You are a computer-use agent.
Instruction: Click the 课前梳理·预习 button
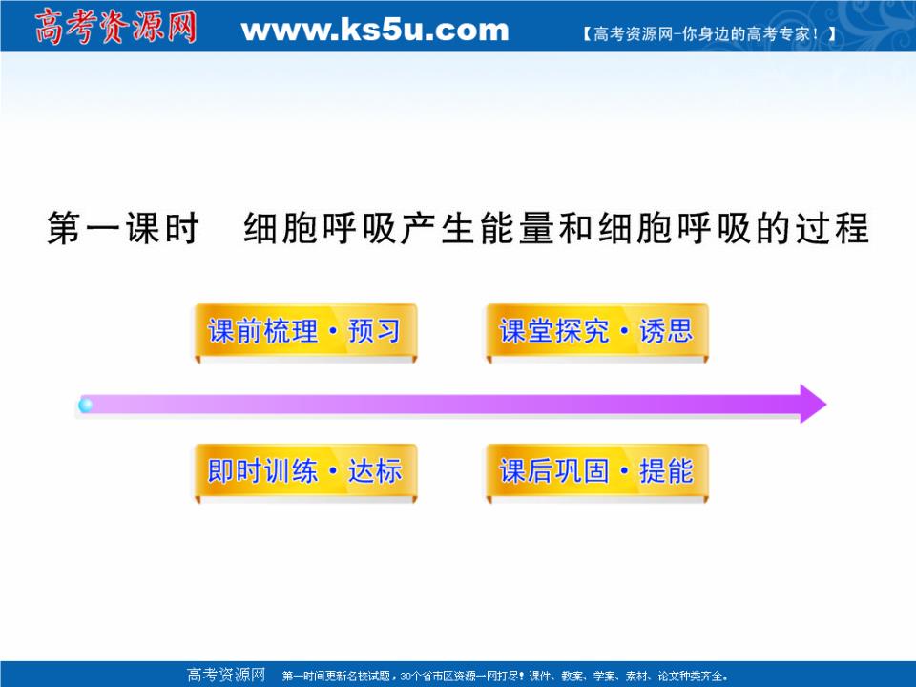(304, 332)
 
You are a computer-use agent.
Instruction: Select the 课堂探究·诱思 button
(596, 332)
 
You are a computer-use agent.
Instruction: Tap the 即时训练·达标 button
(304, 471)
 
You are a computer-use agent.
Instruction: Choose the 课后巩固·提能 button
(596, 471)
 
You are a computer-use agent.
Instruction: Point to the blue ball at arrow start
(86, 406)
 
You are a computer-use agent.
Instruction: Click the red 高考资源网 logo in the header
(114, 26)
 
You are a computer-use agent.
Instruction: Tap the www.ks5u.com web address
(375, 30)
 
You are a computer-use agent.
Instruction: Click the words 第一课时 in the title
(122, 230)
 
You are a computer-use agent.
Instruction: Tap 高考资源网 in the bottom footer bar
(226, 676)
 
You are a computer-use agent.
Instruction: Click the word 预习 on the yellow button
(375, 332)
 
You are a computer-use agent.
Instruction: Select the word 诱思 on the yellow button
(667, 332)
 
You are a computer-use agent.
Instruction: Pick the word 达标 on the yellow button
(375, 471)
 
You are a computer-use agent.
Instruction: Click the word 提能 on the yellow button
(667, 471)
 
